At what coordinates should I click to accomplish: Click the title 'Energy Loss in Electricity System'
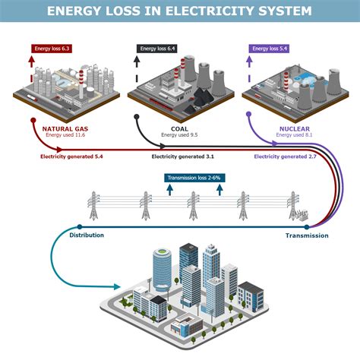[x=179, y=11]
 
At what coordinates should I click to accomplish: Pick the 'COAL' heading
[x=179, y=128]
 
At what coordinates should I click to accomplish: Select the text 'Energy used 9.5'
[x=179, y=136]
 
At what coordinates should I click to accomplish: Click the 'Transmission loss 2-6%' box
[x=194, y=178]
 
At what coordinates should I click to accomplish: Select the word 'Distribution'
[x=87, y=236]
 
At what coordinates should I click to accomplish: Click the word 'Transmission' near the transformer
[x=307, y=236]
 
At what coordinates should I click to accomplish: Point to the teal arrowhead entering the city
[x=117, y=286]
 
